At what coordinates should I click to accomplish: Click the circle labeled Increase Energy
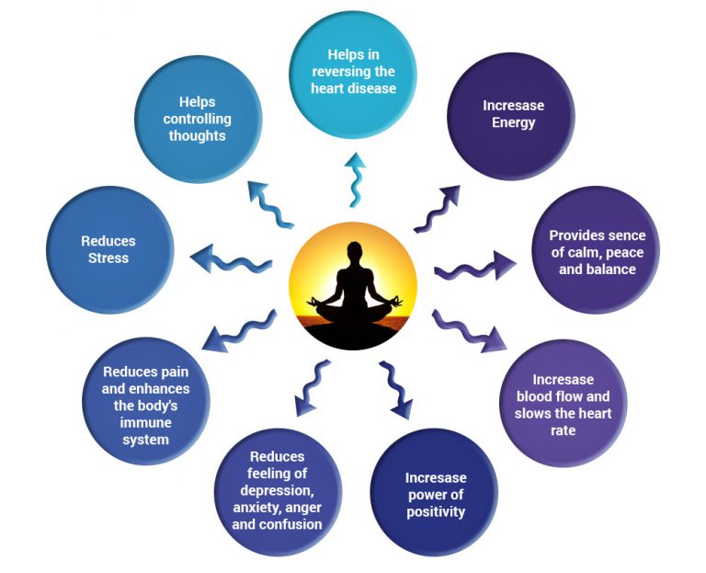(507, 115)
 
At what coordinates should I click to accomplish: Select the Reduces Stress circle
(108, 249)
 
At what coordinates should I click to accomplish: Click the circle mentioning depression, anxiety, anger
(277, 491)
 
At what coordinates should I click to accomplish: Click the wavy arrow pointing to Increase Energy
(436, 209)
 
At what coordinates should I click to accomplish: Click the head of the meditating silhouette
(353, 251)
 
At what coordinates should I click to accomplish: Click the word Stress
(108, 258)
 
